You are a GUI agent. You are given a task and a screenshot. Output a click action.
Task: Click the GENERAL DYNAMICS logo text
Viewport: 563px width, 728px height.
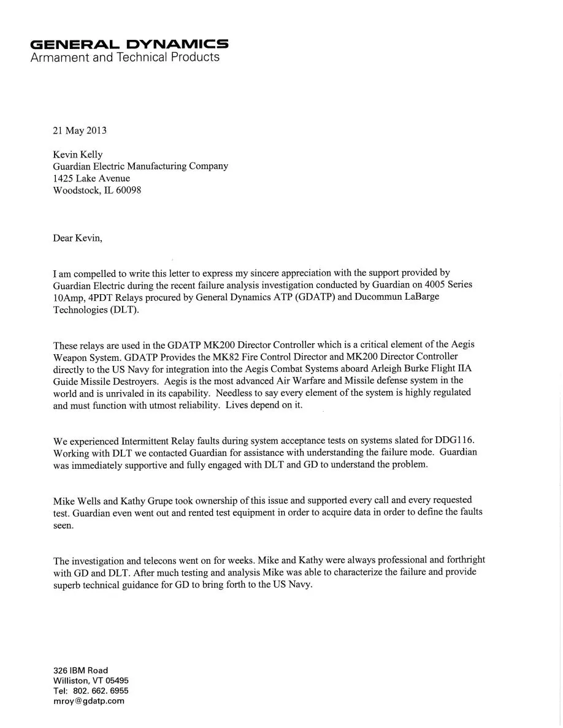(x=129, y=44)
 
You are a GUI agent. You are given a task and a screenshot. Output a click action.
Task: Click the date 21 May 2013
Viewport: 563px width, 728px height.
(x=80, y=131)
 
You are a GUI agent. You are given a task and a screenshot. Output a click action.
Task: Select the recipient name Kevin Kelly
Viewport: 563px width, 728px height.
(x=79, y=154)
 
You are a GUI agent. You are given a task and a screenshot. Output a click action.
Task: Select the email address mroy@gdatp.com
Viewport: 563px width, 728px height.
(x=89, y=701)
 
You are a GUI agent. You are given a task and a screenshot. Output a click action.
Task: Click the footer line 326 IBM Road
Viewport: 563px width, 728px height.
(x=80, y=671)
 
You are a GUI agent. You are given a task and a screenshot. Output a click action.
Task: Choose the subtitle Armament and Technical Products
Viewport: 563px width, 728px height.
(x=124, y=58)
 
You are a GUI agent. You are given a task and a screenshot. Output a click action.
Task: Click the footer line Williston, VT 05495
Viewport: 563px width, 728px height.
(x=91, y=681)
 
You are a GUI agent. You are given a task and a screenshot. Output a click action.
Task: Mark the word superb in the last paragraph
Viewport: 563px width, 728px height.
(x=67, y=584)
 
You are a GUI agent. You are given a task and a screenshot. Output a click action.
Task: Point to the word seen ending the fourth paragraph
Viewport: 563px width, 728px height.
(x=63, y=525)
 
